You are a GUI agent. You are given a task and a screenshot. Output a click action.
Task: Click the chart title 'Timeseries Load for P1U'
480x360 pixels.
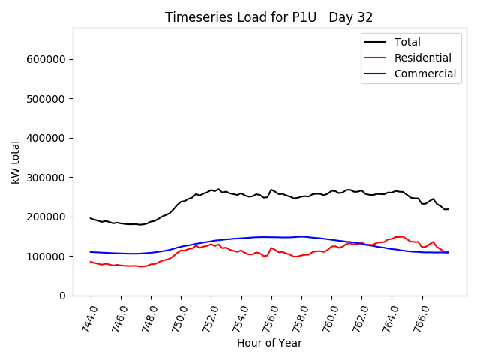[235, 17]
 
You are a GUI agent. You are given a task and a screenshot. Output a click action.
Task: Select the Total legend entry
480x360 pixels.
[407, 42]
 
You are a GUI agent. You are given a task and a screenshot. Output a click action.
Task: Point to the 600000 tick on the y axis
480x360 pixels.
[49, 59]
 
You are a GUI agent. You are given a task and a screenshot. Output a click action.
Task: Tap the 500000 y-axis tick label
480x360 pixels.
[49, 99]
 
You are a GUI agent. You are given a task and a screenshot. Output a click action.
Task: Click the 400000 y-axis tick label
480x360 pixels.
[49, 138]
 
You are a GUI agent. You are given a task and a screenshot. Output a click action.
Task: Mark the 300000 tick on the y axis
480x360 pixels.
[49, 178]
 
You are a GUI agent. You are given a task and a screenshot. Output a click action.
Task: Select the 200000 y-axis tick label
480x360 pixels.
[49, 217]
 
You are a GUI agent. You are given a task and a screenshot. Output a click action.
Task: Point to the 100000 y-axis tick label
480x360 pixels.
[49, 256]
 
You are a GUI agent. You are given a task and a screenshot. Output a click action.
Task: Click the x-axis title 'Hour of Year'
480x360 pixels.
[269, 343]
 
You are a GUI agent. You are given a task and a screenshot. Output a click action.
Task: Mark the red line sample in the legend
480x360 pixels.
[376, 58]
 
